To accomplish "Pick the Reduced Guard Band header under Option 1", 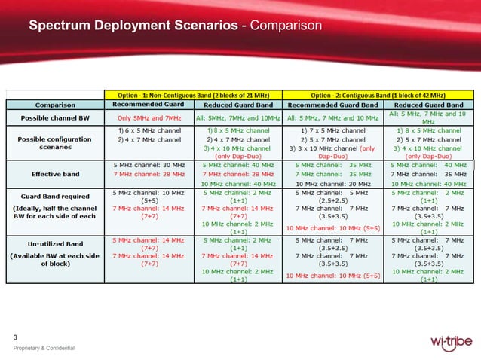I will coord(239,105).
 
